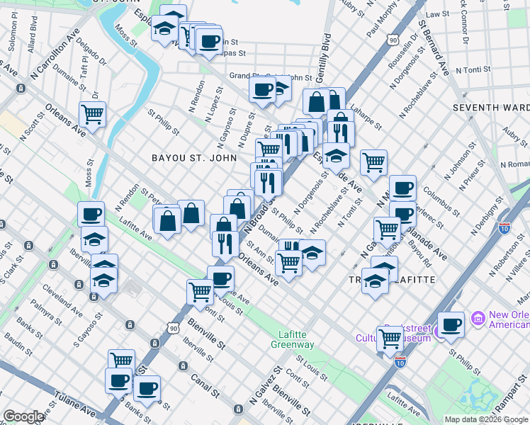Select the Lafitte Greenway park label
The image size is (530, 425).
(x=293, y=339)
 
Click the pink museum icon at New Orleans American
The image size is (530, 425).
(x=478, y=320)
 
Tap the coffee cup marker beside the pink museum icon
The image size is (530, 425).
(x=451, y=324)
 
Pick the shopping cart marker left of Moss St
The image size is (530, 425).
(x=92, y=113)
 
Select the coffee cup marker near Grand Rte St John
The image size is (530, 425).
(x=262, y=89)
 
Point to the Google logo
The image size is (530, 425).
(x=23, y=416)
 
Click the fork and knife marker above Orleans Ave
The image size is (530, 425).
(x=225, y=244)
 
